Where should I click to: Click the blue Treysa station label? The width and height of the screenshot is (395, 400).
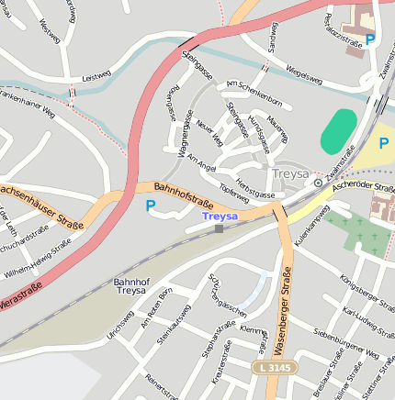tap(220, 216)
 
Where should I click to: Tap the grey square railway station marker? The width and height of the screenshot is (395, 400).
tap(219, 228)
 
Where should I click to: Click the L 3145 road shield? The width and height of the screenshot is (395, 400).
tap(274, 367)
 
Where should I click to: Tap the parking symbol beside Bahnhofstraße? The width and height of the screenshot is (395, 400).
tap(150, 206)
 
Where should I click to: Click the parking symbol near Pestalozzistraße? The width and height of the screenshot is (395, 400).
tap(369, 39)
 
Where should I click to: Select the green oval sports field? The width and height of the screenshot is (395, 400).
tap(339, 131)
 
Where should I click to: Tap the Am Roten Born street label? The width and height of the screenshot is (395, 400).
tap(156, 308)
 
